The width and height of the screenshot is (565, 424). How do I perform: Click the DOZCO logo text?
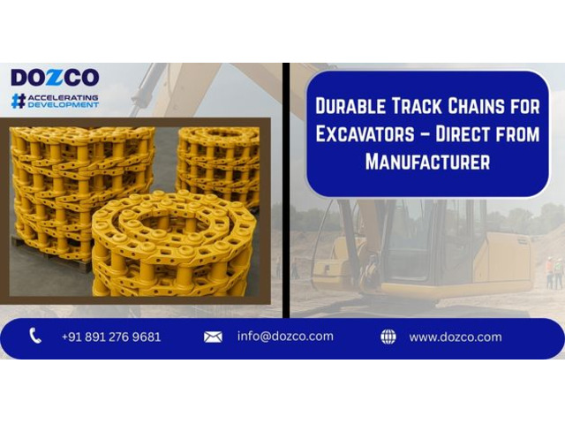[x=55, y=78]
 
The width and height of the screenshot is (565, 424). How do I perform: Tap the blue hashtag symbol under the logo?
[x=19, y=101]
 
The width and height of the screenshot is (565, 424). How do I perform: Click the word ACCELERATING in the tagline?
[x=63, y=98]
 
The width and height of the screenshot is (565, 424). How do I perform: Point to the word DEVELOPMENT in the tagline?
[x=63, y=105]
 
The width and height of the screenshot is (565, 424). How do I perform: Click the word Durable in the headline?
[x=350, y=106]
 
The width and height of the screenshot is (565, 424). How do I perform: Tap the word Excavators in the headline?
[x=365, y=133]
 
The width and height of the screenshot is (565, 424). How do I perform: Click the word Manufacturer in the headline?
[x=427, y=162]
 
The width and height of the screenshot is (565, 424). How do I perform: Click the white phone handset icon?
[x=35, y=336]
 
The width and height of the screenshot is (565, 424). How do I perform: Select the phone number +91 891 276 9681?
[x=111, y=337]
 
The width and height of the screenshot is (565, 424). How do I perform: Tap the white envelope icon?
[x=213, y=337]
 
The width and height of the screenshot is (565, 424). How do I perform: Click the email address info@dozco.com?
[x=285, y=337]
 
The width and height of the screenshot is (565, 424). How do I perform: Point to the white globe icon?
[x=388, y=337]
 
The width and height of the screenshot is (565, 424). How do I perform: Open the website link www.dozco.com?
[x=456, y=337]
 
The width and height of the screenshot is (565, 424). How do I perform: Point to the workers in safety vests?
[x=554, y=272]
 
